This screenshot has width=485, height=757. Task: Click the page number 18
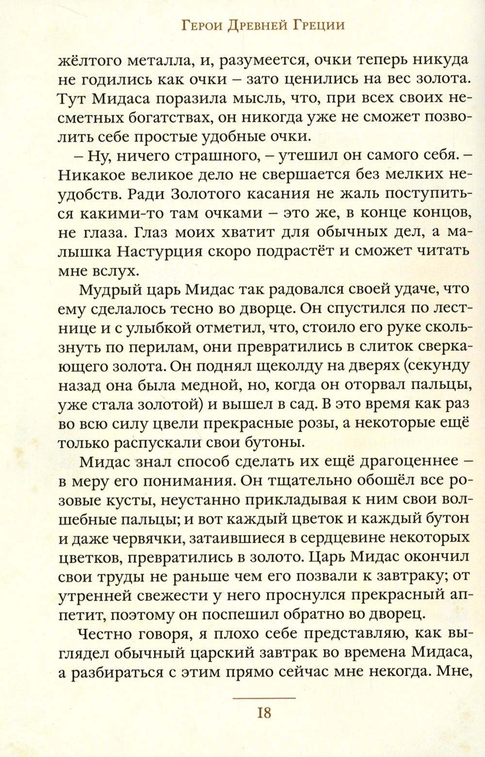(264, 713)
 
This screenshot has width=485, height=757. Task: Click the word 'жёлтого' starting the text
(91, 62)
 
